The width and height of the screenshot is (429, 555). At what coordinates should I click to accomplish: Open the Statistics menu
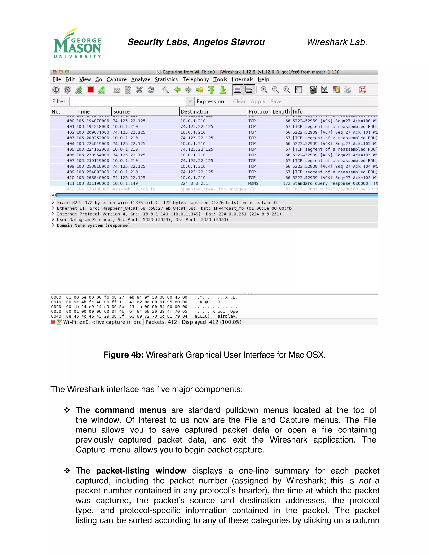tap(166, 80)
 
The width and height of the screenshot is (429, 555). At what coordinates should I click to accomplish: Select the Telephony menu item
tap(195, 80)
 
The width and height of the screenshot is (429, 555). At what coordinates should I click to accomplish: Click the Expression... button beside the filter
tap(212, 101)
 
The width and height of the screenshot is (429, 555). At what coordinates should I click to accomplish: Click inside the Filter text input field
tap(127, 101)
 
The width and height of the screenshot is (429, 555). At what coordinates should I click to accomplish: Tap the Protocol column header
tap(259, 112)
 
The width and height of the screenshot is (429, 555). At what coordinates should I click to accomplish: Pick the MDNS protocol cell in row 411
tap(253, 183)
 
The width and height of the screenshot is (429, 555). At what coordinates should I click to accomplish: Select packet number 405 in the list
tap(71, 149)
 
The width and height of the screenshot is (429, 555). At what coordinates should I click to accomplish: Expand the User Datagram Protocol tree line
tap(53, 219)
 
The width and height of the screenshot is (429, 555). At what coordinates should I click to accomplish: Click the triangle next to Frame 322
tap(53, 202)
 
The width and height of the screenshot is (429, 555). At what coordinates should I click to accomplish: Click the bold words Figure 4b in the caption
tap(124, 355)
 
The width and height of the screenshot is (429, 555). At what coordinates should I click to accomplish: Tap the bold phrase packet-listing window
tap(141, 471)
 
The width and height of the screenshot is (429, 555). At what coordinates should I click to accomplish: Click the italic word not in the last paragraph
tap(365, 480)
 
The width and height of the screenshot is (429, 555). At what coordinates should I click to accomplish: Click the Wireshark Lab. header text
tap(337, 42)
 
